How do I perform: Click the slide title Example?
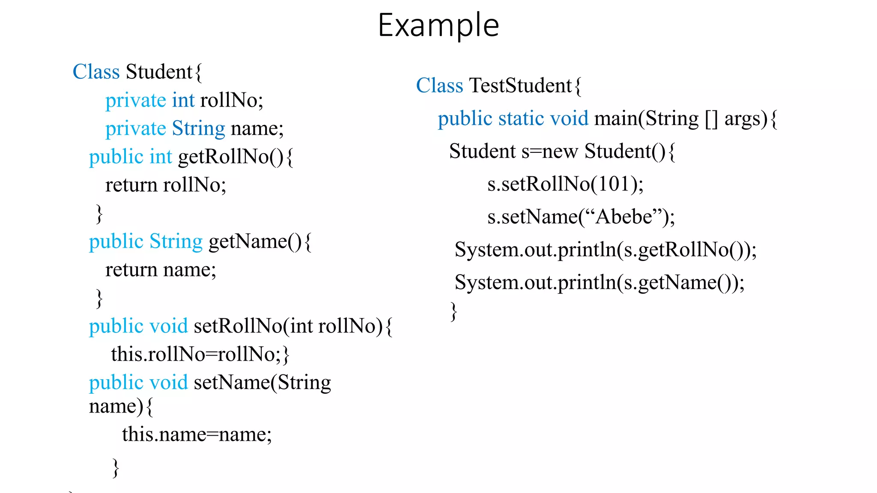pyautogui.click(x=438, y=26)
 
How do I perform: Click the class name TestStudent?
pyautogui.click(x=520, y=86)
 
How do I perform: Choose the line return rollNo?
pyautogui.click(x=165, y=185)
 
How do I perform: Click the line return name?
pyautogui.click(x=161, y=270)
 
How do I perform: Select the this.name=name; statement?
pyautogui.click(x=197, y=434)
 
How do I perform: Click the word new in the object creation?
pyautogui.click(x=560, y=151)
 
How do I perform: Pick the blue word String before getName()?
pyautogui.click(x=176, y=242)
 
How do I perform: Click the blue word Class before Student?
pyautogui.click(x=96, y=72)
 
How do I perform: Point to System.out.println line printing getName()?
pyautogui.click(x=599, y=282)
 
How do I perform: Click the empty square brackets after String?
pyautogui.click(x=711, y=119)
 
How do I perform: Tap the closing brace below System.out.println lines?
pyautogui.click(x=453, y=311)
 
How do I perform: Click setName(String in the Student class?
pyautogui.click(x=262, y=383)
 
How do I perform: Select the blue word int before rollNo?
pyautogui.click(x=183, y=100)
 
